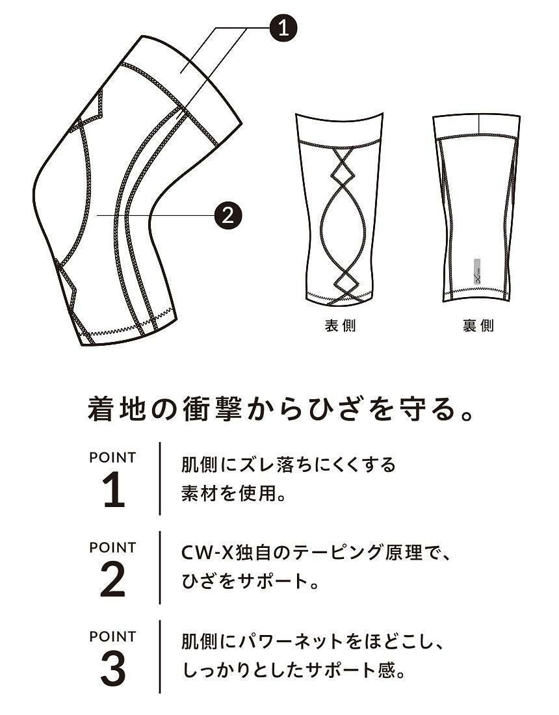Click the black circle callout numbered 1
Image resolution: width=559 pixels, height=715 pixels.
click(283, 28)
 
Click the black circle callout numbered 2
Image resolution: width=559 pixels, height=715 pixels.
click(227, 214)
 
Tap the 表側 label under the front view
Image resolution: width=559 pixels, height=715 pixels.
click(340, 326)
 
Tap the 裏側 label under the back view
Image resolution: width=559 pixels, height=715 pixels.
click(478, 326)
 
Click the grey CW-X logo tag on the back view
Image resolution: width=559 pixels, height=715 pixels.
click(477, 272)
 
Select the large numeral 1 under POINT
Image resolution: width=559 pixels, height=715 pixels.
click(114, 489)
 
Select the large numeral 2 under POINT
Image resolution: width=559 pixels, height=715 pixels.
click(112, 579)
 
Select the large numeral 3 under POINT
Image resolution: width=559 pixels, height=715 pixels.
click(112, 668)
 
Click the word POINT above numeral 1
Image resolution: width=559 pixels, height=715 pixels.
click(112, 458)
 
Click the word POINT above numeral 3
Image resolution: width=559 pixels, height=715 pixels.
click(112, 636)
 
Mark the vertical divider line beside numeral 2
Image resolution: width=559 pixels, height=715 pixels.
click(160, 567)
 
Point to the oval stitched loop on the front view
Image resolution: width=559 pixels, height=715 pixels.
click(343, 229)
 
